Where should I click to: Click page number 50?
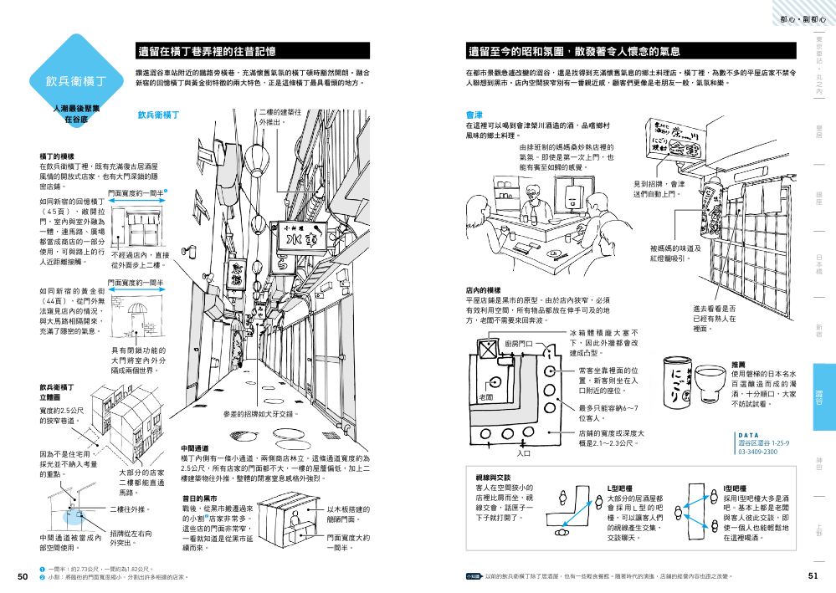tap(23, 575)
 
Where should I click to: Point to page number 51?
tap(813, 575)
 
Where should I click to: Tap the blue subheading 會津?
tap(474, 115)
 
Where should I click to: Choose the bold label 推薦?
tap(739, 365)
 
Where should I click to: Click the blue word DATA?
tap(748, 435)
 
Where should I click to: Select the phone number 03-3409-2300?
tap(757, 452)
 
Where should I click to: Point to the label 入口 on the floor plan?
tap(525, 453)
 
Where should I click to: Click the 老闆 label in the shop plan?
tap(485, 396)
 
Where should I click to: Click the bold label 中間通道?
tap(195, 448)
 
